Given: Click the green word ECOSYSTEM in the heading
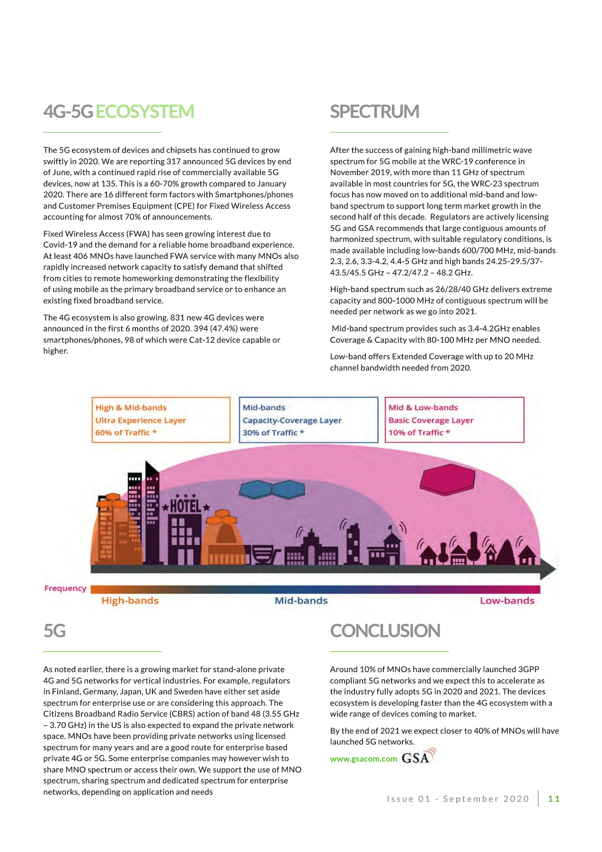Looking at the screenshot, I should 145,112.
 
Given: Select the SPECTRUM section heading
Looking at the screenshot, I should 374,112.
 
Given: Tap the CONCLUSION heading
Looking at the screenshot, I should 385,631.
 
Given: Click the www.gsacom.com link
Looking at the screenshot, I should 363,759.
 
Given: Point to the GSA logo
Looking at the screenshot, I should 418,757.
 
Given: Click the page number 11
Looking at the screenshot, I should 554,799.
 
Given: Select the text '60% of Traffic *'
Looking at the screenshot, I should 126,433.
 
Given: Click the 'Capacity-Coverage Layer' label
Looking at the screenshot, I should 292,420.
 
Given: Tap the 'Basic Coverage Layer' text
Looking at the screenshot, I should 431,420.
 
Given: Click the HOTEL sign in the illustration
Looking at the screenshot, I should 186,506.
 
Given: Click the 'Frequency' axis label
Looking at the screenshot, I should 65,588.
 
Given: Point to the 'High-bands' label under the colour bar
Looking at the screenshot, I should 130,601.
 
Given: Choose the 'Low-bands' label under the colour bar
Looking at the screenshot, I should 507,601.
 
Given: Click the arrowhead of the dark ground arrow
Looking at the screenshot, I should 548,569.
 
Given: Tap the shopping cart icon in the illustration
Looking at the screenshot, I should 264,554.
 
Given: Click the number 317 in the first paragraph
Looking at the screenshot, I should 174,161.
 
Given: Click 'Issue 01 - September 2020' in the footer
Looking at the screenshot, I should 458,799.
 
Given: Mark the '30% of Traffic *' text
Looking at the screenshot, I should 273,433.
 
